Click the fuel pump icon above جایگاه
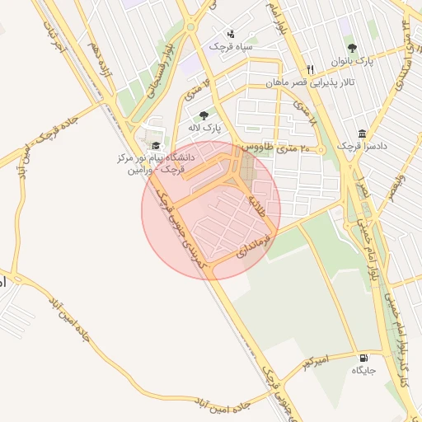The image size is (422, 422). tap(364, 358)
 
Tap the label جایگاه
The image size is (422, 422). tap(364, 371)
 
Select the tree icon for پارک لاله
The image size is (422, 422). tap(204, 115)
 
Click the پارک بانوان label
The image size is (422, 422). tap(353, 61)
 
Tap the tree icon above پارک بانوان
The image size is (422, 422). tap(353, 48)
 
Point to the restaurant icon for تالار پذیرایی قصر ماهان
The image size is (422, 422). tap(310, 69)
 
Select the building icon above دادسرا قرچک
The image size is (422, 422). tap(362, 134)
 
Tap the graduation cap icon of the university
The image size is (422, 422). tap(156, 146)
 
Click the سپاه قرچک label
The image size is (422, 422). tap(230, 48)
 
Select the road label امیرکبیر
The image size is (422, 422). tap(315, 360)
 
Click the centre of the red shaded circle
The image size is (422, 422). tap(211, 210)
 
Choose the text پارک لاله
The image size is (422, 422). tap(212, 129)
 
